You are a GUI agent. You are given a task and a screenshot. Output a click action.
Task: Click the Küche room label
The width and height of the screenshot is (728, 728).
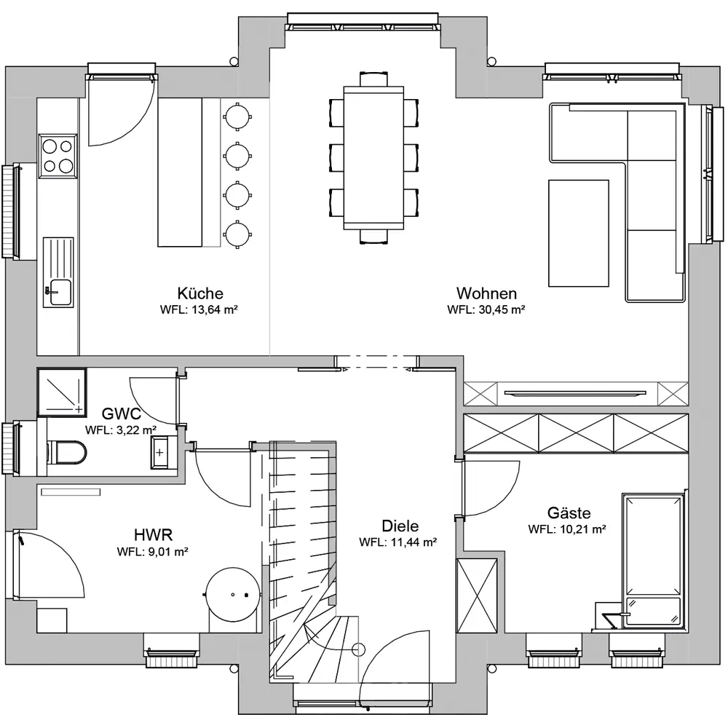200,293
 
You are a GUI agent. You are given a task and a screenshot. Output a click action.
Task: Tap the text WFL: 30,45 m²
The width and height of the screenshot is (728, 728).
486,309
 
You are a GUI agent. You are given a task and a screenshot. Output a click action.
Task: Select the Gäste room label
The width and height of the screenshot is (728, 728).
569,513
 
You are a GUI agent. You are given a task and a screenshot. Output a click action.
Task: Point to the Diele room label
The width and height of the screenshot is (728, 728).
400,526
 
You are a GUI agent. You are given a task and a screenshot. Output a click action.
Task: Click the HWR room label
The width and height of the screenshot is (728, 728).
153,535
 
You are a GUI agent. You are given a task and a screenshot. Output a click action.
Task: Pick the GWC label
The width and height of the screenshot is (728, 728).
121,414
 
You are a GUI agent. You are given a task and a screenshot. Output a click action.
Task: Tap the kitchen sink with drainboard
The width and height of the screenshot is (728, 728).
58,272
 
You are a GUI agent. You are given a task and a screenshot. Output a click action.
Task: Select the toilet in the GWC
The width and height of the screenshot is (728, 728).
66,452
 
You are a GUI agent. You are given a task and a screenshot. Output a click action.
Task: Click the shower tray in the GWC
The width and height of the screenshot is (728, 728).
62,392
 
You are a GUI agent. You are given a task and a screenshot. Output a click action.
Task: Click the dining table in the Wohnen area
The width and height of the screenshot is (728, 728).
373,157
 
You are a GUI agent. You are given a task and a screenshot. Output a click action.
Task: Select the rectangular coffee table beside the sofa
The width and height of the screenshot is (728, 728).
579,234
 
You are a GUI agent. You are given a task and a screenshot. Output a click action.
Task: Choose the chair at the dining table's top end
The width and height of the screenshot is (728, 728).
373,79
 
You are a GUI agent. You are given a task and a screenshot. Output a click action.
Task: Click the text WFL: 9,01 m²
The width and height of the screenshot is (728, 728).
152,552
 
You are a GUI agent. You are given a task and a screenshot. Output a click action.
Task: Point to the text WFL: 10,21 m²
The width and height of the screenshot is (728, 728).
567,529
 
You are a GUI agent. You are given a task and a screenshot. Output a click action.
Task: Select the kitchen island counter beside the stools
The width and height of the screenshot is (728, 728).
180,172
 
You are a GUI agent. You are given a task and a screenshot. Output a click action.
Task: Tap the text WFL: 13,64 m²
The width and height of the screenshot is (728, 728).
199,309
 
